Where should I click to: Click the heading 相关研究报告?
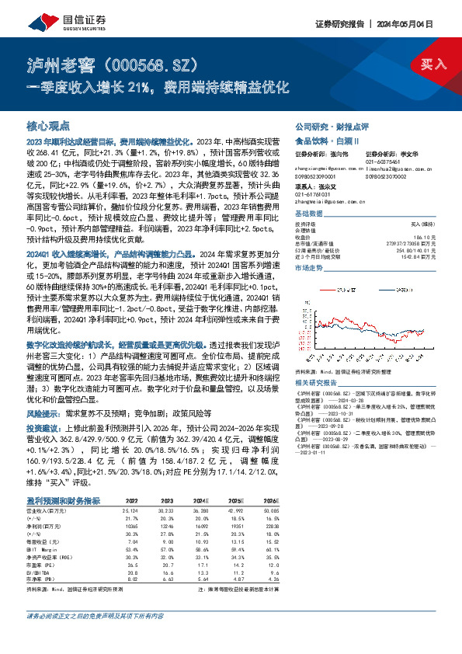pyautogui.click(x=319, y=383)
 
